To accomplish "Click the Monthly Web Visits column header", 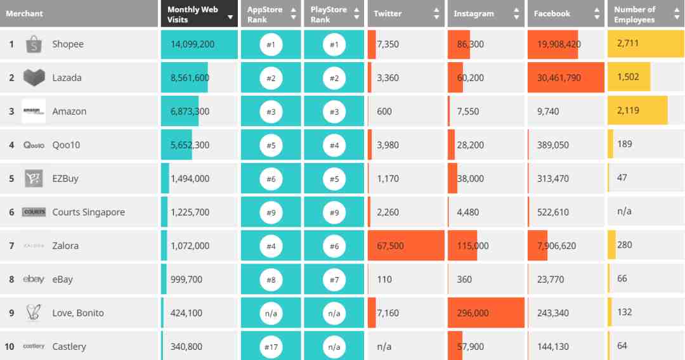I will point(193,14).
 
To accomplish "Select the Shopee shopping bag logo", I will point(34,44).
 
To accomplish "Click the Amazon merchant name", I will point(69,112).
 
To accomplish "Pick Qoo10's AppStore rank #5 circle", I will point(271,145).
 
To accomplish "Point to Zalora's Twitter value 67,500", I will point(390,246).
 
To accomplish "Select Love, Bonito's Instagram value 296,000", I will point(473,313).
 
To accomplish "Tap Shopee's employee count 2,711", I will point(628,44).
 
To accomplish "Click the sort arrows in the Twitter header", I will point(436,13).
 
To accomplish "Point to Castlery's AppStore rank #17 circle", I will point(271,347).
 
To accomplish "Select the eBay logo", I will point(34,280).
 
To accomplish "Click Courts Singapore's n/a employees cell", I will point(624,212).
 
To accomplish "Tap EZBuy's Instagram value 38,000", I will point(470,179).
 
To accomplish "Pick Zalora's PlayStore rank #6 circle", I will point(334,246).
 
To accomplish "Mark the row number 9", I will point(11,313).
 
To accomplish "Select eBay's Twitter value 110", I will point(384,280).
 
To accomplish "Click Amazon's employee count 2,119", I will point(628,111).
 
